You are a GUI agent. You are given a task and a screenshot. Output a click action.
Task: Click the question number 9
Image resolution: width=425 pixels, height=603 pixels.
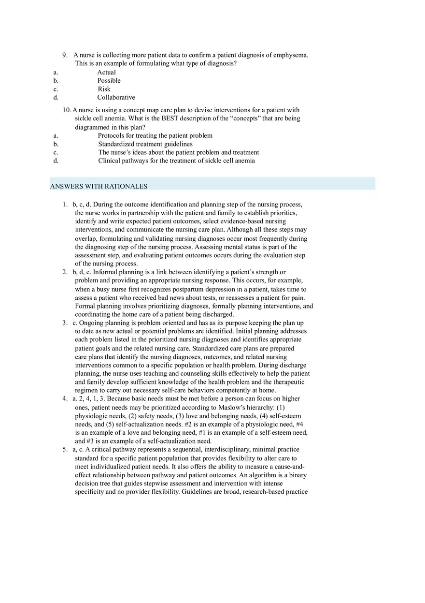[65, 55]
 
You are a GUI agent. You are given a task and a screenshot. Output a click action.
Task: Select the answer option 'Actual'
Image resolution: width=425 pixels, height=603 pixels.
[106, 73]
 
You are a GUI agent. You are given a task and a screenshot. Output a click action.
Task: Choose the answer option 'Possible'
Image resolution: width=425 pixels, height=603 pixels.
[109, 81]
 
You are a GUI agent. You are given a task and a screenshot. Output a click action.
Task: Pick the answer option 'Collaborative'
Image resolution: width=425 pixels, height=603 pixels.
[116, 98]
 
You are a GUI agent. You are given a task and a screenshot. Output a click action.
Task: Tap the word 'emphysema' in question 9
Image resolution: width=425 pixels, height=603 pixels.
[290, 55]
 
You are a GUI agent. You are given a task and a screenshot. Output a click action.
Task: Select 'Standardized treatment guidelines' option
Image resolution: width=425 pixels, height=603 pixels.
[145, 144]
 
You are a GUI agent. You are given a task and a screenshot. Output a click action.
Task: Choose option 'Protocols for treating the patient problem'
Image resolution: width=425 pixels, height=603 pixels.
[155, 136]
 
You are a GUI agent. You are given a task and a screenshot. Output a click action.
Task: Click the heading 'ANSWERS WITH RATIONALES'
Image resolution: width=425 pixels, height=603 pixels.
[99, 186]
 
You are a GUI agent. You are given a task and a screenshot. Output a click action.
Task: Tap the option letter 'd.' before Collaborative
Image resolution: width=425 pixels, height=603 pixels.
[56, 98]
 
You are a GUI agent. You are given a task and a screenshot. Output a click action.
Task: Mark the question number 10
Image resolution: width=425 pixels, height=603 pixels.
[67, 110]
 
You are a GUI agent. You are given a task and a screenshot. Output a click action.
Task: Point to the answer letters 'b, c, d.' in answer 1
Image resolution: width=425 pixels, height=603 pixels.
[82, 205]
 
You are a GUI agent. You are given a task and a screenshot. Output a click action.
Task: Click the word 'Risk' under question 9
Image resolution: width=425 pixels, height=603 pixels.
[104, 89]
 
